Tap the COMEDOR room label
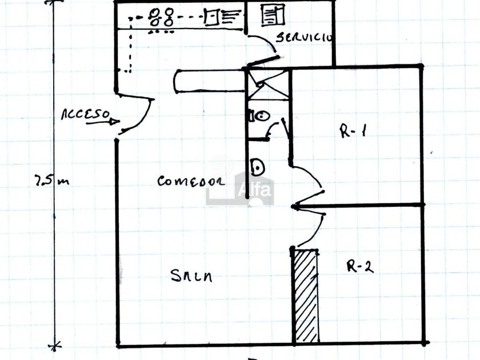[x=190, y=182]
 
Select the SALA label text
[x=191, y=276]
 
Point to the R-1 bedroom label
[x=353, y=131]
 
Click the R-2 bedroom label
[x=360, y=266]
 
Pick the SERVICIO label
[x=303, y=38]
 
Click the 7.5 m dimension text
[x=51, y=181]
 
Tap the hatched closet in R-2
[x=306, y=295]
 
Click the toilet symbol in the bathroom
[x=259, y=115]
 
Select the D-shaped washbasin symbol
[x=257, y=167]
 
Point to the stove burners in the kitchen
[x=161, y=18]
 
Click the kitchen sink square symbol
[x=211, y=18]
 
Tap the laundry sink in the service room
[x=273, y=15]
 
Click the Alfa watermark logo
[x=240, y=189]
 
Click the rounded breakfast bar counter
[x=209, y=81]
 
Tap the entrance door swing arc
[x=143, y=117]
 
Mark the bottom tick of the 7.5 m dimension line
[x=55, y=346]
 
